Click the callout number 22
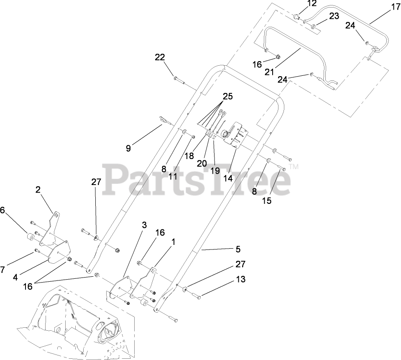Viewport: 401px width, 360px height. click(160, 57)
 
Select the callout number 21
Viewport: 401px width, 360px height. click(269, 72)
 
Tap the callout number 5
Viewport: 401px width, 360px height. click(238, 249)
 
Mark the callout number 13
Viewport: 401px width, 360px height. click(241, 279)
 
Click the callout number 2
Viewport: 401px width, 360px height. click(38, 189)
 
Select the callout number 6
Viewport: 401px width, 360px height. click(3, 210)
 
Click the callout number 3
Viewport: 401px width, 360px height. click(144, 225)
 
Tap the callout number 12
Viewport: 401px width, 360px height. click(312, 4)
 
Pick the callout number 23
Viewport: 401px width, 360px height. click(333, 16)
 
